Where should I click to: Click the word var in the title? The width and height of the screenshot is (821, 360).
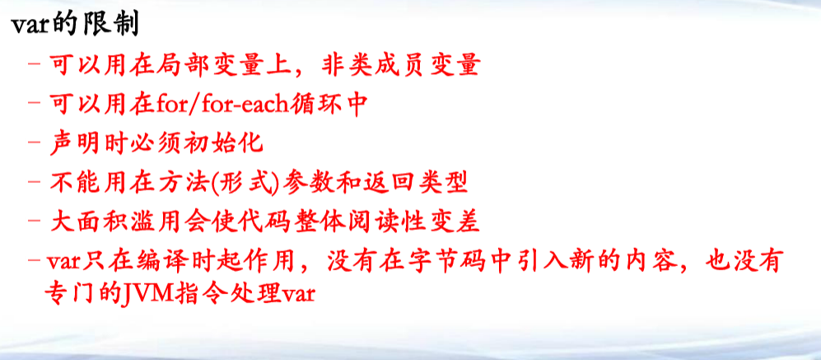click(x=31, y=25)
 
